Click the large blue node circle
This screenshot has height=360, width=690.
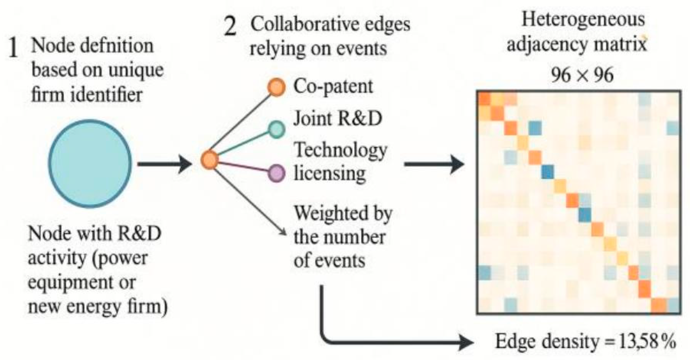[x=90, y=163]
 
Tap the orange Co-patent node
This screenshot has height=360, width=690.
[x=276, y=87]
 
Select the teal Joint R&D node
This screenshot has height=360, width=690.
[x=276, y=130]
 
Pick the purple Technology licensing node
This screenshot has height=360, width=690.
[x=276, y=173]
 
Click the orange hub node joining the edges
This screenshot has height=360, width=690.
[x=210, y=160]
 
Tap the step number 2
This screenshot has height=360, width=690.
[x=230, y=27]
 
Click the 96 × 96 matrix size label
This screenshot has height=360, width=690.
[x=582, y=75]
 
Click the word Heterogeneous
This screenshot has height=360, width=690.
[x=583, y=20]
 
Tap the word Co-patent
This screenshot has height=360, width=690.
[x=333, y=86]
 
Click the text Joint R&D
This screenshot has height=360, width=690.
[x=337, y=119]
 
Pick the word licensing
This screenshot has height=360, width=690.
[x=330, y=173]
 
